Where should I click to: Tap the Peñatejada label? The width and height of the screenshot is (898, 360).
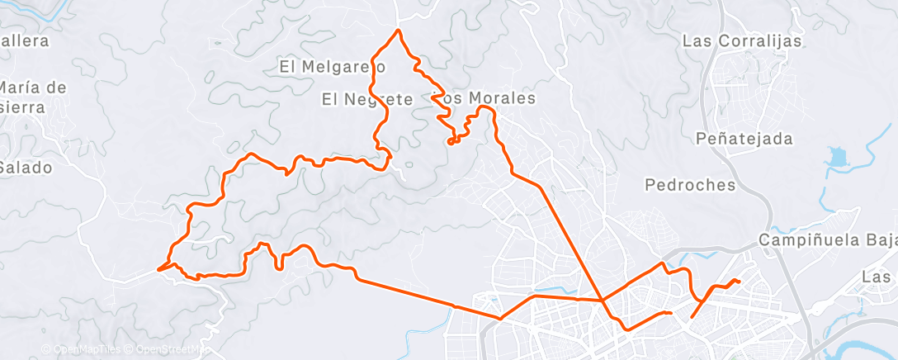pyautogui.click(x=744, y=139)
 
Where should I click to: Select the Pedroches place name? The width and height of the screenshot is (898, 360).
pyautogui.click(x=691, y=185)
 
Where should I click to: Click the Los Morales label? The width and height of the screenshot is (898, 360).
pyautogui.click(x=485, y=98)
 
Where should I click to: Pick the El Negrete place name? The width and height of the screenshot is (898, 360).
pyautogui.click(x=366, y=99)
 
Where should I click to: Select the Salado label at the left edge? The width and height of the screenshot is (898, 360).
pyautogui.click(x=26, y=168)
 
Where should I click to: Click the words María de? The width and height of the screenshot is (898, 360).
pyautogui.click(x=33, y=88)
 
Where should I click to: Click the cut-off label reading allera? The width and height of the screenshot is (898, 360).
pyautogui.click(x=25, y=40)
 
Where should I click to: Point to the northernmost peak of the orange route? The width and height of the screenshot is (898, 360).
pyautogui.click(x=399, y=31)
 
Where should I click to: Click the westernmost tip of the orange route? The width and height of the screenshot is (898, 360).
pyautogui.click(x=158, y=268)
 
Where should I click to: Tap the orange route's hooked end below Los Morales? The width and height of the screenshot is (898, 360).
pyautogui.click(x=450, y=142)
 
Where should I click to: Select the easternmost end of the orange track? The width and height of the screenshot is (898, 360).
pyautogui.click(x=738, y=282)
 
